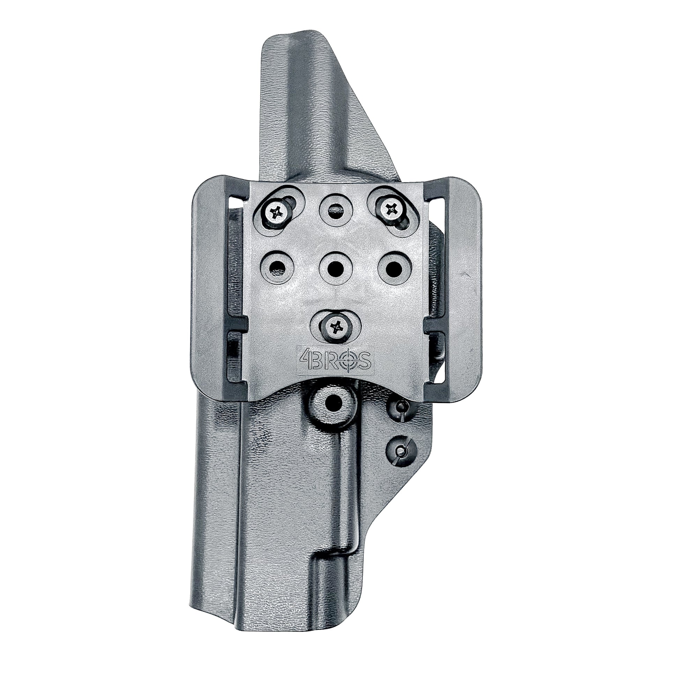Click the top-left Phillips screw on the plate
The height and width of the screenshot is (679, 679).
276,212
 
